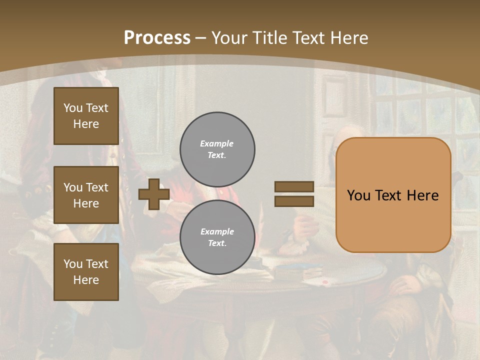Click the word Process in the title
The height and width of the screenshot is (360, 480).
(x=157, y=38)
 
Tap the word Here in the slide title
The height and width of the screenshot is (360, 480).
(x=349, y=38)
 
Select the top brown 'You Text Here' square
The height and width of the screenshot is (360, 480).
(x=86, y=116)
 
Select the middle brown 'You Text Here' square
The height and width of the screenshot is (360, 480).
(x=86, y=195)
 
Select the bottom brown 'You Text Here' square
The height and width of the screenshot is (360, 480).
(x=86, y=272)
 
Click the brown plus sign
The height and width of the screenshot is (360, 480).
(x=154, y=194)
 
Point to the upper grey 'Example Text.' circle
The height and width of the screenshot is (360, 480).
(x=217, y=149)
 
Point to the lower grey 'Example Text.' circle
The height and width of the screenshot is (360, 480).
(x=217, y=237)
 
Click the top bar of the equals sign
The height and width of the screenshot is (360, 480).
(x=294, y=186)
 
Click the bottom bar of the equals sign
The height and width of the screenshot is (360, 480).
(x=294, y=201)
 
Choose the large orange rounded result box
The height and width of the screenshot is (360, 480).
(x=393, y=195)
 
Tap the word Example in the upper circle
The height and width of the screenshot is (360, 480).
(x=216, y=143)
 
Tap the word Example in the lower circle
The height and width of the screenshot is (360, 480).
(x=217, y=231)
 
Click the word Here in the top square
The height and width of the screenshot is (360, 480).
(x=86, y=124)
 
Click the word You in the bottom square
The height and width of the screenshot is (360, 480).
(x=73, y=264)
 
